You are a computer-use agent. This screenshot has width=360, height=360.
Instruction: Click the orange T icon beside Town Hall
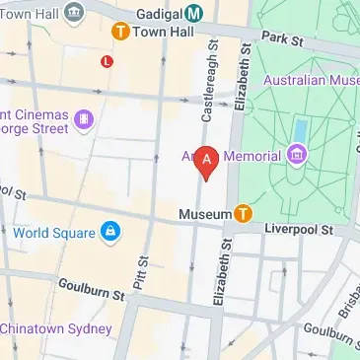120,32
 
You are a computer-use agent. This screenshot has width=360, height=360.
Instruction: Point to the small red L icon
107,61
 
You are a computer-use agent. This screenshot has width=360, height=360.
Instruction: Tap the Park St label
279,38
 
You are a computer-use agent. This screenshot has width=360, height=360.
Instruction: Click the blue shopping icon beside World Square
109,233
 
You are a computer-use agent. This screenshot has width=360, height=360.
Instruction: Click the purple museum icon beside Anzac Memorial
297,155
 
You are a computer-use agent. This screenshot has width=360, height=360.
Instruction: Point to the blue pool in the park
299,130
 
